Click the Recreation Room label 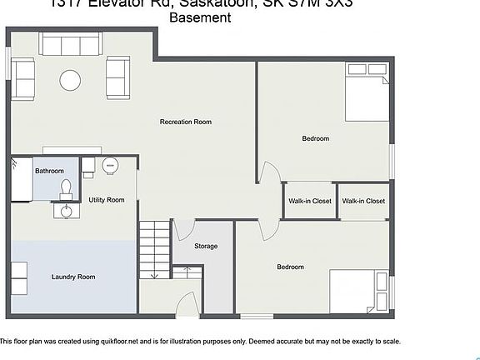[185, 122]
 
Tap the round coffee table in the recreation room [70, 80]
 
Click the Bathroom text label [49, 171]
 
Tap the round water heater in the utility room [110, 167]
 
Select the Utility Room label [107, 200]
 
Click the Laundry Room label [72, 277]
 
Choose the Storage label [206, 246]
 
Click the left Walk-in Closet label [310, 201]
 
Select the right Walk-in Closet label [363, 201]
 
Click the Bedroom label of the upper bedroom [315, 138]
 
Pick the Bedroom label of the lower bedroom [290, 267]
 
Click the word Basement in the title [200, 17]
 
